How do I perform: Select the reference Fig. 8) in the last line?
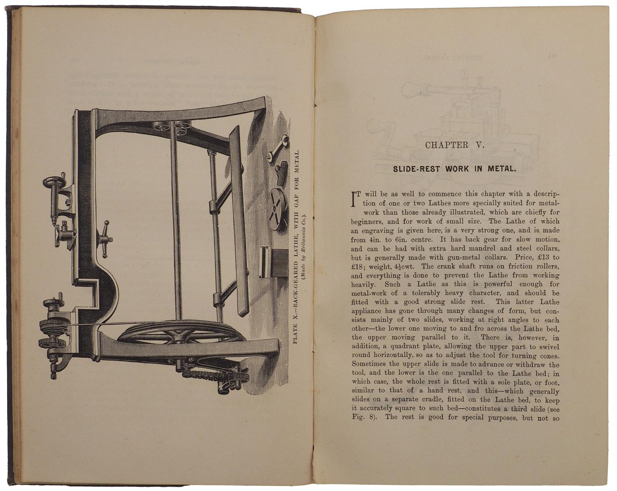[x=362, y=418]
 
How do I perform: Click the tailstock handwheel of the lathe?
[x=56, y=183]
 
